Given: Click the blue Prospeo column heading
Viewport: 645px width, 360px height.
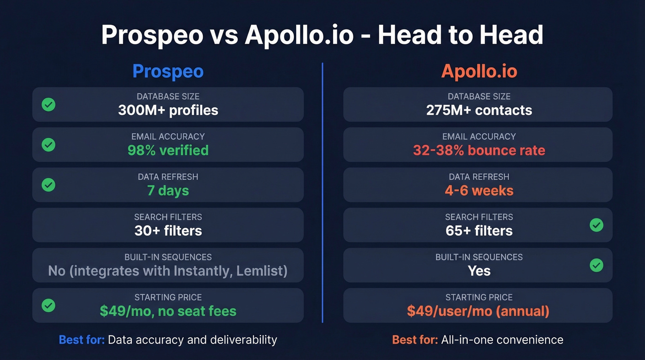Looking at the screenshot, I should click(x=168, y=71).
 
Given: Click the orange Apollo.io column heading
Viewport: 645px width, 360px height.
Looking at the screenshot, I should click(x=479, y=71).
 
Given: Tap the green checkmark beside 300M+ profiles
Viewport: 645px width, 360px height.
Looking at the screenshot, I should click(x=48, y=105).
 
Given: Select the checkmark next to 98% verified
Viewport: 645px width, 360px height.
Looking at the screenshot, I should click(x=48, y=145).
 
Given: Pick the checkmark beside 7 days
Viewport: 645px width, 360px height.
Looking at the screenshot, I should click(x=48, y=185).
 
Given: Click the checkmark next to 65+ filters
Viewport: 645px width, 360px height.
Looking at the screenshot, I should click(x=596, y=225).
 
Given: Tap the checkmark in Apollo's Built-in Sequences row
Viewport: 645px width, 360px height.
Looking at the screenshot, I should click(x=596, y=265).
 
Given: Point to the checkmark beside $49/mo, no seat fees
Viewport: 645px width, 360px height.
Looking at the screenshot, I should click(x=48, y=305).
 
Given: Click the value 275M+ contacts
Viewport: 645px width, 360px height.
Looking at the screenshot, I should click(x=479, y=111).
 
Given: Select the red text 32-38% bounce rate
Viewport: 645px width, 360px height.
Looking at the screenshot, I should click(x=479, y=151).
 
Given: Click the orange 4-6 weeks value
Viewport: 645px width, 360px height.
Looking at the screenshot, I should click(x=479, y=191).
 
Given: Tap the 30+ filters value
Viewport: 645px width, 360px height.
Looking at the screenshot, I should click(x=168, y=231).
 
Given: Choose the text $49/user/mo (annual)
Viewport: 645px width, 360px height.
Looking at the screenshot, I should click(x=478, y=311).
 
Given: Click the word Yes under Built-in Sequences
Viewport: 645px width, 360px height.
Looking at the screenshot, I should click(x=479, y=271).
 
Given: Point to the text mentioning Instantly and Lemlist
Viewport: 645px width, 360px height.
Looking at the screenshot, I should click(x=168, y=271).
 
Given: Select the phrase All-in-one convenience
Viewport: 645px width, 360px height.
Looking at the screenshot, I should click(x=502, y=340).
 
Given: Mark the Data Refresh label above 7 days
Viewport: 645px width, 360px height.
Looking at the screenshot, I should click(x=168, y=177).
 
